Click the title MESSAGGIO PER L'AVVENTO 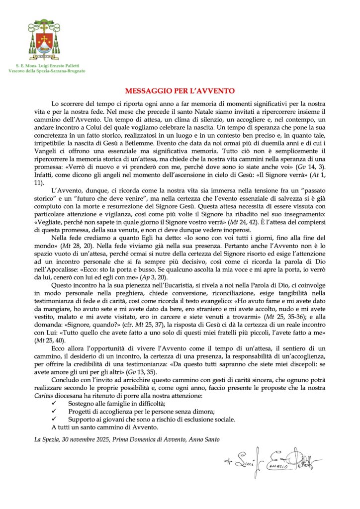pyautogui.click(x=180, y=91)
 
